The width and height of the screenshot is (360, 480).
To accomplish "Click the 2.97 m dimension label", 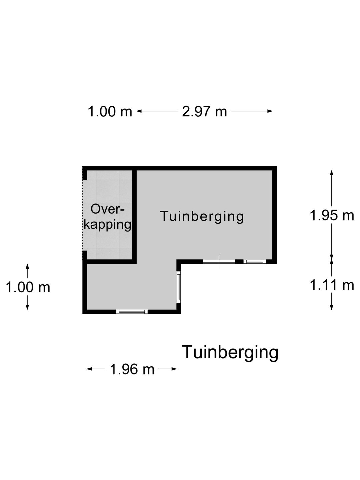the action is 204,111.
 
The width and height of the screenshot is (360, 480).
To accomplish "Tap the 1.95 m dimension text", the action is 332,216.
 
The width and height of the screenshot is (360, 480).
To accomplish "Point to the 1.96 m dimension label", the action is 132,369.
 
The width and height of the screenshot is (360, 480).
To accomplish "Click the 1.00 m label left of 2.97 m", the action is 110,111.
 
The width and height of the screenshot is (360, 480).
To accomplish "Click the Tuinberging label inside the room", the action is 202,216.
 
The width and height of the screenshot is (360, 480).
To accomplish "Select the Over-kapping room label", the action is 108,217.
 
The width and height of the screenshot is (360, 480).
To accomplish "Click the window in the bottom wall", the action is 132,312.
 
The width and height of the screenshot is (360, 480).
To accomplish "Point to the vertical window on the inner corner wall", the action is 179,287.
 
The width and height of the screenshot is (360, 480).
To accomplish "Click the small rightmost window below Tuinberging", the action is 255,262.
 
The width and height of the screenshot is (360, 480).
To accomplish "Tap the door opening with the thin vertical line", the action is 219,262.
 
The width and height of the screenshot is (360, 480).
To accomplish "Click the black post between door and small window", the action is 239,262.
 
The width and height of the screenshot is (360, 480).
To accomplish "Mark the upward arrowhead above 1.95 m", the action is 332,173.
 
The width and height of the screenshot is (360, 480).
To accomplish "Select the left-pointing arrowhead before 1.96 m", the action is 90,369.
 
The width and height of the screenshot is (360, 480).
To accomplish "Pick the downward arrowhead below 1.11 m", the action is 332,307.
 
